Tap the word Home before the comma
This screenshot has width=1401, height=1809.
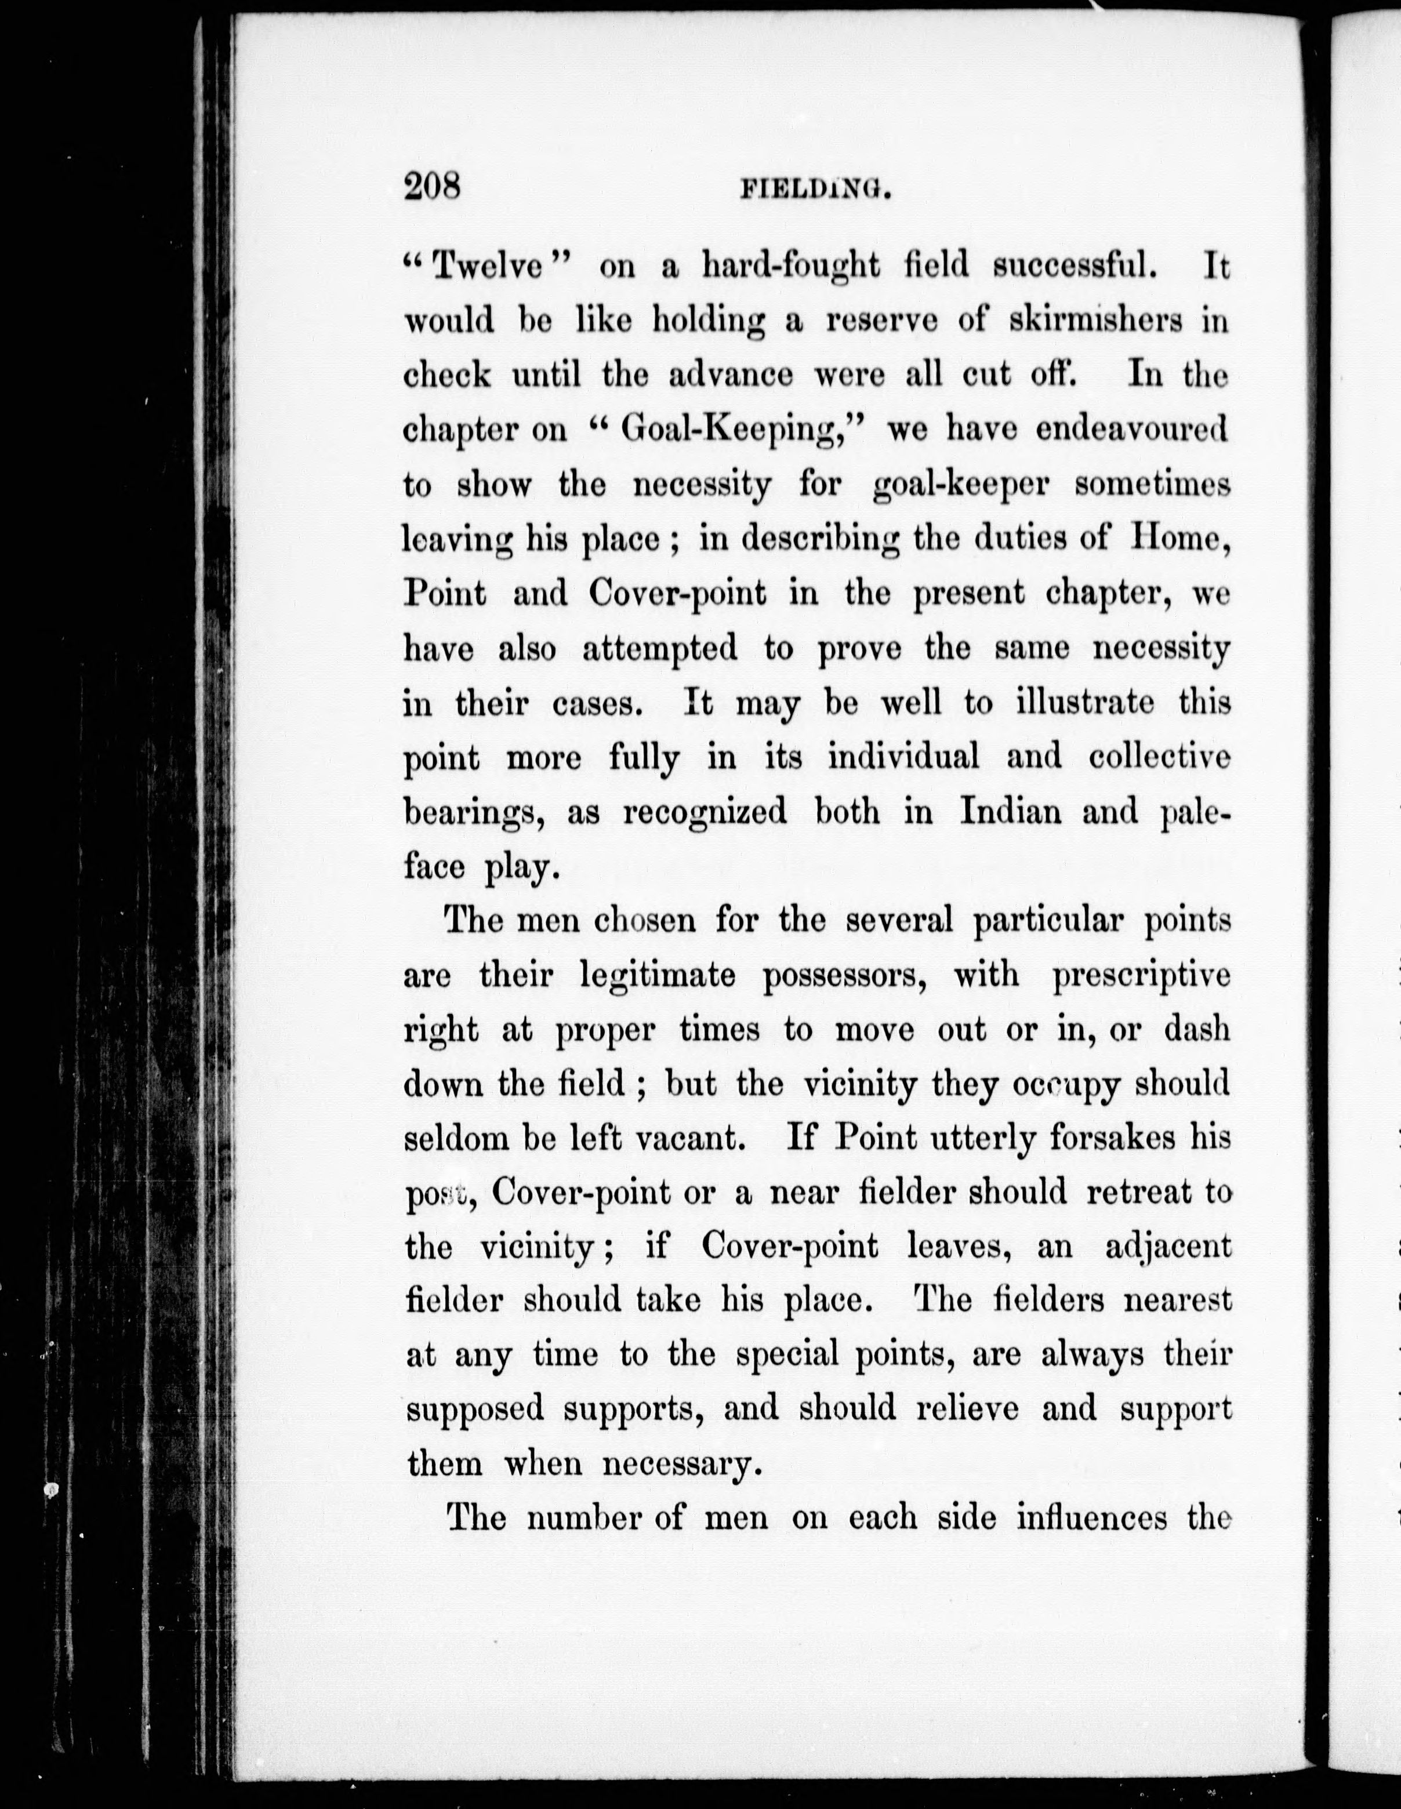[x=1177, y=539]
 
